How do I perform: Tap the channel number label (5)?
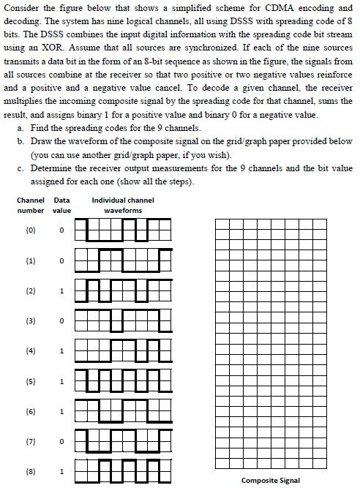pyautogui.click(x=31, y=381)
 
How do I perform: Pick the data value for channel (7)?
pyautogui.click(x=62, y=440)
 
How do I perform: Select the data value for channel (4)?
pyautogui.click(x=62, y=350)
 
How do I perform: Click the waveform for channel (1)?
pyautogui.click(x=122, y=260)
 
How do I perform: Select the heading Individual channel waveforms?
pyautogui.click(x=122, y=205)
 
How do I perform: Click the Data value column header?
pyautogui.click(x=62, y=205)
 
